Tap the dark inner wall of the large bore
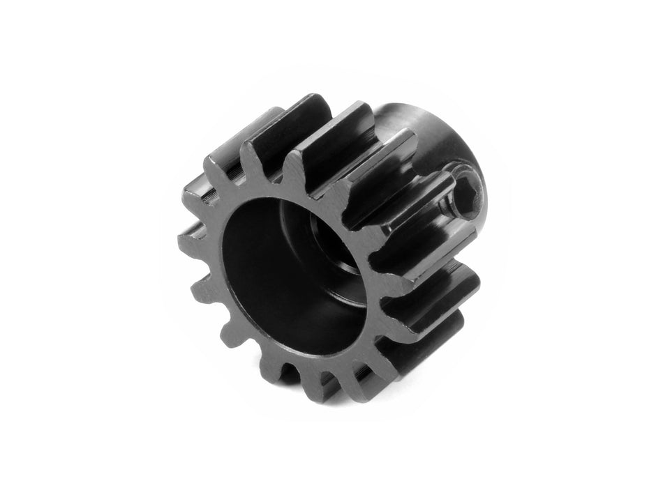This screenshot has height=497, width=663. pyautogui.click(x=258, y=272)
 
